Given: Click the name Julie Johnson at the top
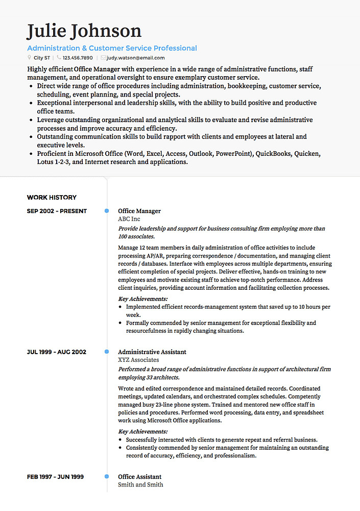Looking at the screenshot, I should coord(84,31).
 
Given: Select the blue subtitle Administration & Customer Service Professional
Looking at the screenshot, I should coord(112,48).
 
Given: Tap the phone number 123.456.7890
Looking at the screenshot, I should coord(78,58).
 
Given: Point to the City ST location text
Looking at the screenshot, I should coord(42,58).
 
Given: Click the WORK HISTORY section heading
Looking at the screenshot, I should coord(52,197).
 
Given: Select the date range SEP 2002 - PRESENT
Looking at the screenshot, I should coord(57,211).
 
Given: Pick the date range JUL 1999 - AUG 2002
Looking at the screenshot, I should coord(56,352).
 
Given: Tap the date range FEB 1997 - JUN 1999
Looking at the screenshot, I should coord(55,477).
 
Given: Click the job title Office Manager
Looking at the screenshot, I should coord(139,211).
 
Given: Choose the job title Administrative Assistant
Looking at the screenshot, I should coord(152,352).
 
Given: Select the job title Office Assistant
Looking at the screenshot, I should coord(140,477).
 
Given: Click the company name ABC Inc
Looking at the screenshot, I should coord(129,219).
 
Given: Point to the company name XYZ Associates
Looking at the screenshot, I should coord(138,360).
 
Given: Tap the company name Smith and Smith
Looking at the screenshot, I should coord(140,484).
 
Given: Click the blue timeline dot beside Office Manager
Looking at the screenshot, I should coord(107,211).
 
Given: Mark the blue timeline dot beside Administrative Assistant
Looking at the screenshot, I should coord(107,352).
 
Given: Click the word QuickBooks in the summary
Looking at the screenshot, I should coord(274,153).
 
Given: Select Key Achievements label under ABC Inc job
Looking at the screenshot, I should coord(143,299).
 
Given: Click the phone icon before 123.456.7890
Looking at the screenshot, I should coord(59,58).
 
